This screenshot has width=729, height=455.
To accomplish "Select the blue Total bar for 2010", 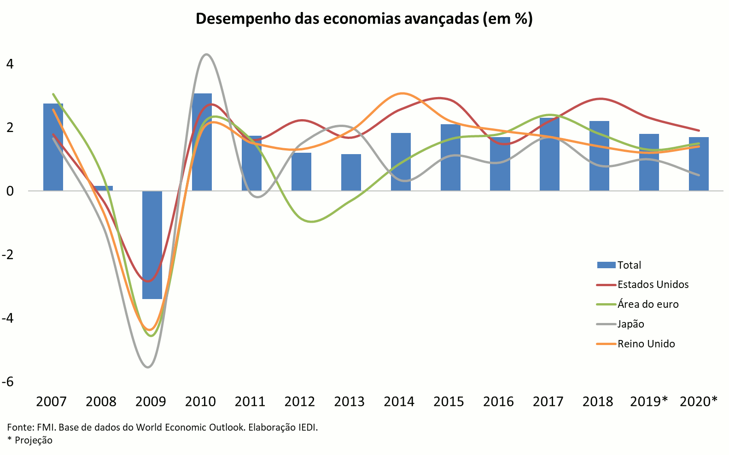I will point(202,142).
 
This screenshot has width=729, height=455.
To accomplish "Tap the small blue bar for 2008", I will point(103,188).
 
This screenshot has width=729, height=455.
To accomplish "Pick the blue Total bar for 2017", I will point(549,154).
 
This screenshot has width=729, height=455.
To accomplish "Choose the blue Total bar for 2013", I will point(351,173).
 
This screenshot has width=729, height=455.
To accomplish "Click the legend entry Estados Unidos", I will point(653,284).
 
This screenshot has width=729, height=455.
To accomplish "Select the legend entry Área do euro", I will point(647,304).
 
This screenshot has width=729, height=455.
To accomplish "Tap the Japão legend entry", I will point(630,324).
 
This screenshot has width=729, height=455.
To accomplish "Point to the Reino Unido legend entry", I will point(646,344).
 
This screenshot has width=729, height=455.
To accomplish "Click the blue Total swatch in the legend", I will point(606,265).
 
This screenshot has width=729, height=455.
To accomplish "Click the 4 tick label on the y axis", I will point(10,64).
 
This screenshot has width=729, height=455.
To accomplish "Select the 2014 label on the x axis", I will point(399,402).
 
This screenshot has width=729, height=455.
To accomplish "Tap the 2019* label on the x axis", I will point(648,402).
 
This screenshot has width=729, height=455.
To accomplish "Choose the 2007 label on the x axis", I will point(51,402).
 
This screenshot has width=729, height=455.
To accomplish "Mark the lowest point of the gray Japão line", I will point(148,367).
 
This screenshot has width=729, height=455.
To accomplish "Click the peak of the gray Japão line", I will point(206,55).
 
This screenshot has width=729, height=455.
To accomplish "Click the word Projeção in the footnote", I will point(34,440).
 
